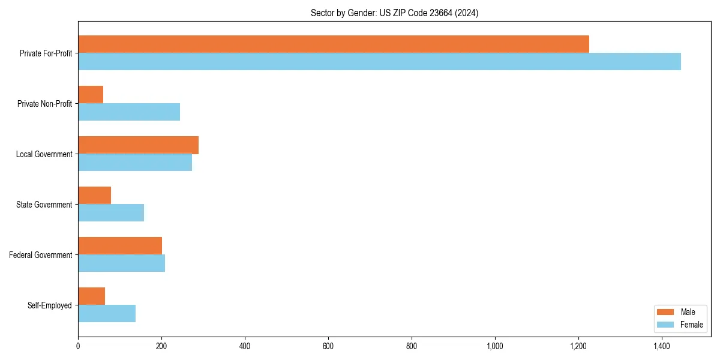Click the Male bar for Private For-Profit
click(x=333, y=44)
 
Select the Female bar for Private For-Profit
click(x=379, y=62)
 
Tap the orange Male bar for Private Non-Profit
click(x=91, y=95)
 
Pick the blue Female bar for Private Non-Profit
click(x=129, y=112)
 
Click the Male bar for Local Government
click(x=138, y=145)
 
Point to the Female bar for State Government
click(x=111, y=213)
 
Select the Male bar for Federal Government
click(x=120, y=246)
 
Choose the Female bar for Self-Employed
click(x=107, y=314)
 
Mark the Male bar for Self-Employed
click(x=91, y=296)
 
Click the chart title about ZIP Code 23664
click(x=394, y=13)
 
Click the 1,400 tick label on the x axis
click(x=661, y=346)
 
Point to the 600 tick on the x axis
click(x=328, y=346)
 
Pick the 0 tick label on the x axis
click(x=78, y=346)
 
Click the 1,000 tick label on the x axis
click(x=494, y=346)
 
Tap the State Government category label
click(x=44, y=205)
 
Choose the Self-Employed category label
click(x=50, y=305)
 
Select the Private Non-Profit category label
click(x=44, y=104)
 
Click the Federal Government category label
click(x=41, y=255)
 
